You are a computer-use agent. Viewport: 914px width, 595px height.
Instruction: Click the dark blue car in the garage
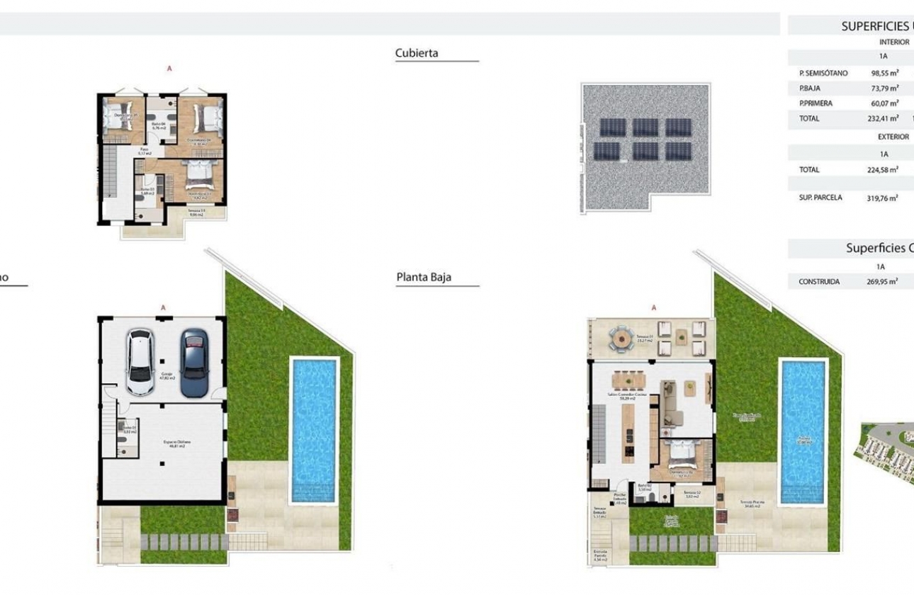pos(192,362)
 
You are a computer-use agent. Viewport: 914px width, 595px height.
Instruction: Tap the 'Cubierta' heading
pos(417,52)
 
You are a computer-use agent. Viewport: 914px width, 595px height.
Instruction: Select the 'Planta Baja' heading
pos(423,277)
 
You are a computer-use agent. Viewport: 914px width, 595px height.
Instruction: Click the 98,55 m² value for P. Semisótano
pos(884,73)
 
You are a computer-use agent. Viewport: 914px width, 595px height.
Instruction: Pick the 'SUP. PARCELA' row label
pos(820,198)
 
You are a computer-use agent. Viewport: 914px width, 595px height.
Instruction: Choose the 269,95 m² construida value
pos(882,281)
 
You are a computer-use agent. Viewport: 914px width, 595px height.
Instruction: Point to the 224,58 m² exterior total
pos(882,170)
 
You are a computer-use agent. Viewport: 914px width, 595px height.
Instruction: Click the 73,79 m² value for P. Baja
pos(884,89)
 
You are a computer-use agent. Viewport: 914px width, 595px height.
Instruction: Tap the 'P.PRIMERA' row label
pos(816,103)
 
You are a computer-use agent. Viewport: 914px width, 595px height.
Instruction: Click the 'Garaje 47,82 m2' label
pos(167,375)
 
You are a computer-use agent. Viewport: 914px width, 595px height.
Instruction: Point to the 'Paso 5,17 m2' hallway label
pos(144,151)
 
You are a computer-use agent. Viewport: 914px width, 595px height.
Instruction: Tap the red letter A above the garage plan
pos(163,307)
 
